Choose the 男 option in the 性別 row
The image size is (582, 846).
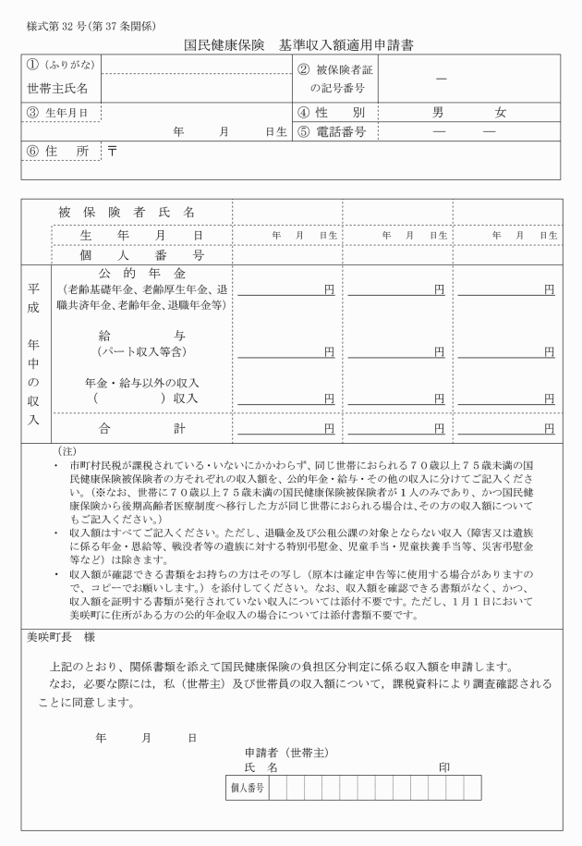pyautogui.click(x=439, y=113)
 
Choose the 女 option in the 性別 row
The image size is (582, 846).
pyautogui.click(x=500, y=113)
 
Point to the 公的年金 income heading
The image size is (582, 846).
pyautogui.click(x=141, y=275)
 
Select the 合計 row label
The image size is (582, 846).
pyautogui.click(x=141, y=428)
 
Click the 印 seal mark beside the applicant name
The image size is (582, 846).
pyautogui.click(x=444, y=767)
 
